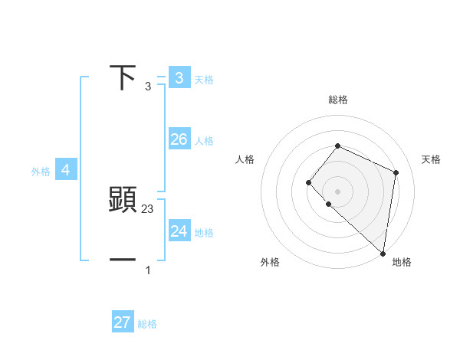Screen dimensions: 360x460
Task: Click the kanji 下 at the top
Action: point(123,77)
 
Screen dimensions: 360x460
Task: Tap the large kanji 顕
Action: point(123,200)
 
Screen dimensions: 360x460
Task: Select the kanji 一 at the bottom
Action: point(123,260)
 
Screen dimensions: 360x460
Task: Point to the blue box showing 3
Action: point(179,77)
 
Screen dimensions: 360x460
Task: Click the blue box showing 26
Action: point(179,139)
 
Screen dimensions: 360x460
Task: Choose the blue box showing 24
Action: point(179,231)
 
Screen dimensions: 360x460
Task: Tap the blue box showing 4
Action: point(66,170)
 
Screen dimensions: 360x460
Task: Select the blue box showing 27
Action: point(123,322)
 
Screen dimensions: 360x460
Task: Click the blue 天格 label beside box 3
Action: point(204,79)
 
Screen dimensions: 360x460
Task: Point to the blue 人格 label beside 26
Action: point(204,141)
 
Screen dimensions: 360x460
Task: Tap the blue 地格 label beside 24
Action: point(204,233)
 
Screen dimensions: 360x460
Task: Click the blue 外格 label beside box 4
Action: point(41,172)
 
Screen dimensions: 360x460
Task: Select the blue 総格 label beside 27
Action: point(147,325)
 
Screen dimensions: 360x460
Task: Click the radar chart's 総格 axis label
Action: point(337,100)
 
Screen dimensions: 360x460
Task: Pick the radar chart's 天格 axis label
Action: point(432,159)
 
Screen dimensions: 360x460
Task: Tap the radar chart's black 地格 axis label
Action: point(402,262)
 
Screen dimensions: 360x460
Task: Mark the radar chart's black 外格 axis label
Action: point(270,262)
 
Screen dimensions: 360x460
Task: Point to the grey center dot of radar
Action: point(337,191)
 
